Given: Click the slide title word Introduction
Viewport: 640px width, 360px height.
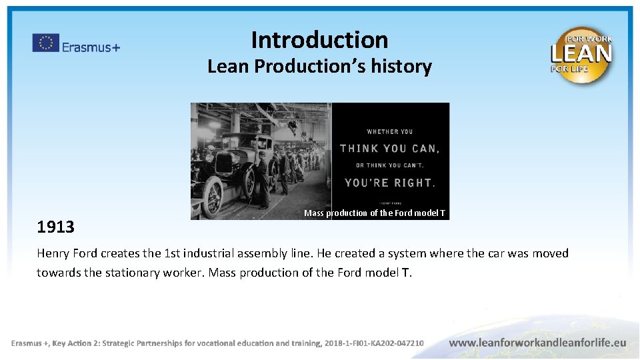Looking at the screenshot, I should tap(319, 40).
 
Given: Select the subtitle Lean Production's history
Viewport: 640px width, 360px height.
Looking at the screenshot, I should tap(319, 67).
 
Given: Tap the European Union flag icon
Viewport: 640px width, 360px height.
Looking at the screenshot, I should tap(45, 43).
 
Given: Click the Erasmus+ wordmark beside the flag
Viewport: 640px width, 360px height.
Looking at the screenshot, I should tap(91, 47).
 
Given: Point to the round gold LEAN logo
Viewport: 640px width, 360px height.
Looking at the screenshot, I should tap(581, 55).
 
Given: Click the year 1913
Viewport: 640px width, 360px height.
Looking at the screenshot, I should tap(56, 227).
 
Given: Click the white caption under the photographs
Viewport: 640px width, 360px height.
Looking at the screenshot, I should tap(375, 213).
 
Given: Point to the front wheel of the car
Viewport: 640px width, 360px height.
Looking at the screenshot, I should tap(213, 197).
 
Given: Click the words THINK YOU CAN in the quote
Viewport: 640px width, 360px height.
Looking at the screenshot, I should tap(390, 149).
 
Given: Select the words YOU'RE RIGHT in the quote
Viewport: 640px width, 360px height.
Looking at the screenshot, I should tap(390, 182).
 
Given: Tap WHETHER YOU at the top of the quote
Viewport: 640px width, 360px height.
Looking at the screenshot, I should tap(390, 131).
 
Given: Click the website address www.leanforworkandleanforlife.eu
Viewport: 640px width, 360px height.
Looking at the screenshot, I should tap(537, 343).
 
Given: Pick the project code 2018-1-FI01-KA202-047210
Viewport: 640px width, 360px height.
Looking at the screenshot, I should tap(374, 343).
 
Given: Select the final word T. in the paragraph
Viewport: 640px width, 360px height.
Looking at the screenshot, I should tap(406, 273).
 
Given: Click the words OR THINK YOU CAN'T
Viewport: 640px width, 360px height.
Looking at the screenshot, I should tap(390, 165).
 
